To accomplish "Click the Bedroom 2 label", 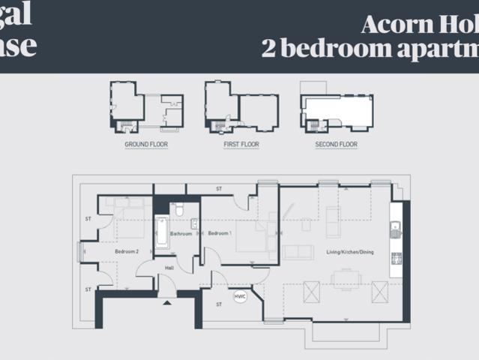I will point(126,252).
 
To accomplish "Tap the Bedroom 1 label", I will point(220,233).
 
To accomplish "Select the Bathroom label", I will point(181,233).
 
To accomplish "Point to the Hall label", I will point(169,268).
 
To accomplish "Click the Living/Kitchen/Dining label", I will point(349,252).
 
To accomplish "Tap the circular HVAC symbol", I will point(240,297).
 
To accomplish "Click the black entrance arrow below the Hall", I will point(166,303).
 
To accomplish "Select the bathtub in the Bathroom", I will point(161,232).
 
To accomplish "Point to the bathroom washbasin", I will point(194,223).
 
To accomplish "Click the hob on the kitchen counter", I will point(396,259).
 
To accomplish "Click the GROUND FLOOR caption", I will point(146,144).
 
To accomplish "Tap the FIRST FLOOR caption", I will point(241,144).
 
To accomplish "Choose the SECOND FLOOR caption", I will point(336,144).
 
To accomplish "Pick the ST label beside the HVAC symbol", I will point(219,304).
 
